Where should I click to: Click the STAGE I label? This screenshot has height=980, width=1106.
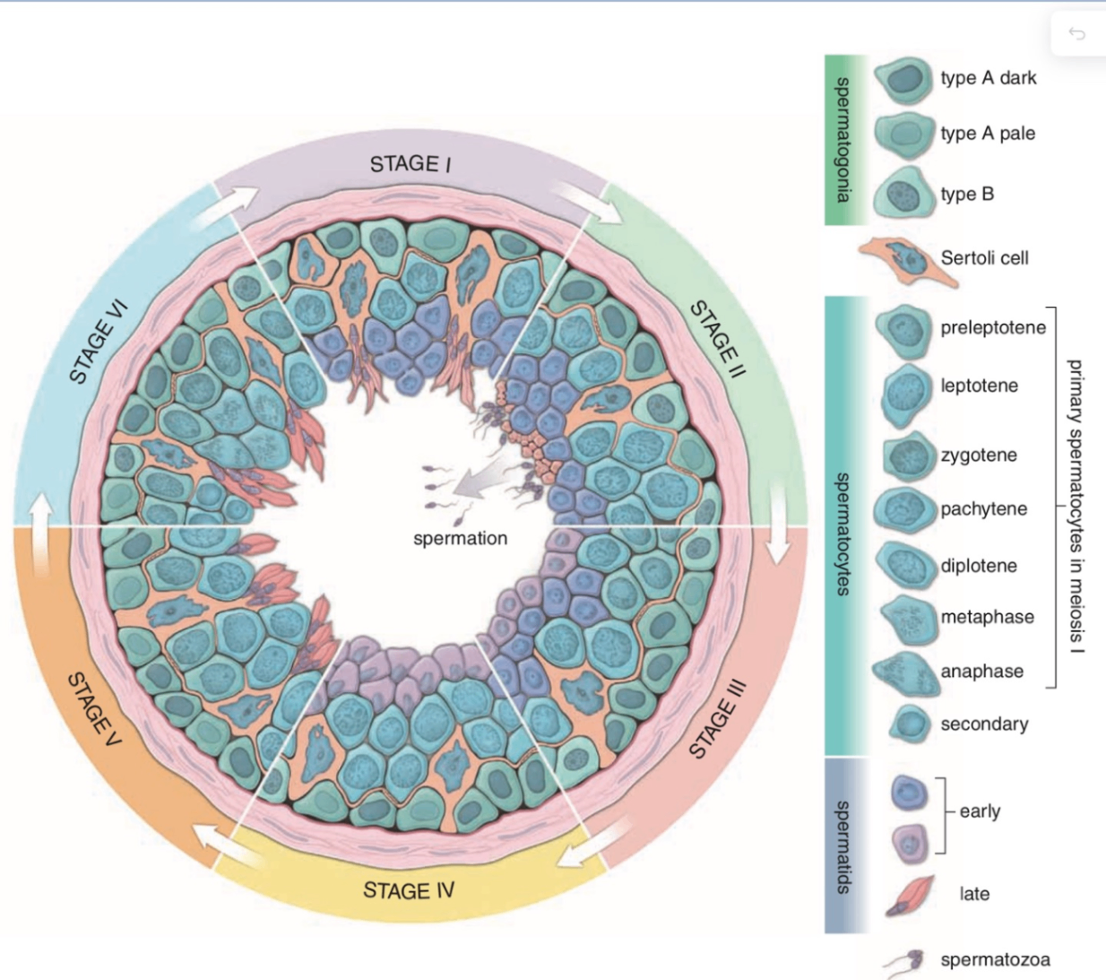tap(410, 164)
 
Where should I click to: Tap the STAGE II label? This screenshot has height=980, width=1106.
tap(717, 340)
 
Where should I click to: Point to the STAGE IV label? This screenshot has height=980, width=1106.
tap(409, 890)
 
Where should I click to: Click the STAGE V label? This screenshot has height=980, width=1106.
tap(94, 708)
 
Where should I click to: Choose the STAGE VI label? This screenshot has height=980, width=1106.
tap(99, 342)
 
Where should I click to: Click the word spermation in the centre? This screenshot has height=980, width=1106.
tap(460, 538)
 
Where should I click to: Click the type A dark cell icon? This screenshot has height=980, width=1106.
tap(903, 79)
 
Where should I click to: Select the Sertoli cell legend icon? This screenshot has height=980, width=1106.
tap(907, 261)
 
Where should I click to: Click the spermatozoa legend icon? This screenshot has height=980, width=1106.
tap(905, 961)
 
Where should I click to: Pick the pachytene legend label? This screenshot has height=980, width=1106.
tap(983, 508)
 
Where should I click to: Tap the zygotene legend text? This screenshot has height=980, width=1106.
tap(979, 455)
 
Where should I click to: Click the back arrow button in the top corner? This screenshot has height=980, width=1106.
tap(1077, 34)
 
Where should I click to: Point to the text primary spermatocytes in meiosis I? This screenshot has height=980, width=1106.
tap(1076, 507)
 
